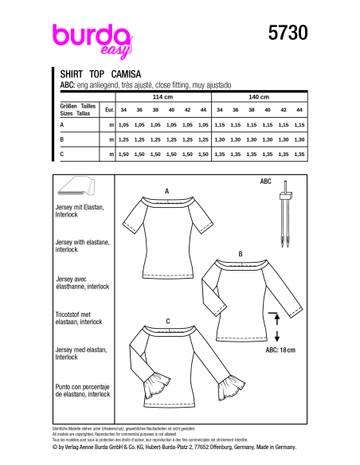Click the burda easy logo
(x=87, y=37)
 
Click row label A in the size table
(x=62, y=126)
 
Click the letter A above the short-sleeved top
(x=167, y=192)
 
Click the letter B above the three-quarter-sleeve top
(x=241, y=253)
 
